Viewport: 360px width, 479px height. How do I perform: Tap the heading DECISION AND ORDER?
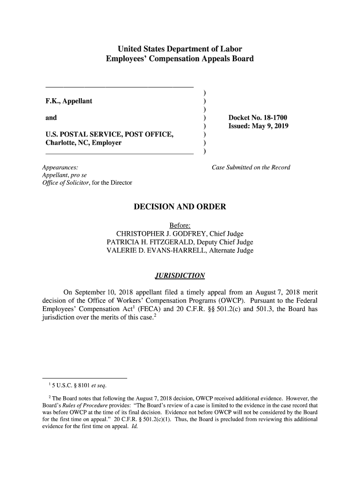click(x=180, y=206)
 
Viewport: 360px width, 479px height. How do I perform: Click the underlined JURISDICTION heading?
click(x=180, y=275)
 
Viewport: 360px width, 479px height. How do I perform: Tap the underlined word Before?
click(x=180, y=225)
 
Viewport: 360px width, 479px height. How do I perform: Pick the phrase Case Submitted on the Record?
click(x=251, y=167)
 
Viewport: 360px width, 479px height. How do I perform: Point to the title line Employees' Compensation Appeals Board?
click(x=180, y=59)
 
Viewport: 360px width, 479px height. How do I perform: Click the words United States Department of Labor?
click(x=180, y=49)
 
